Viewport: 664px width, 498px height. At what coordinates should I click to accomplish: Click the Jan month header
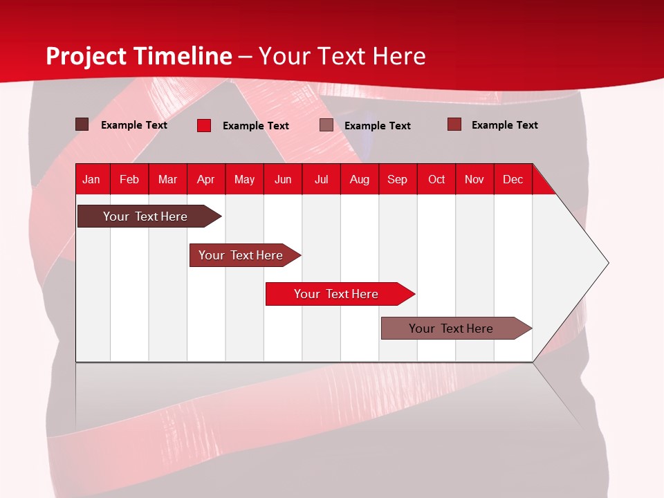(x=91, y=179)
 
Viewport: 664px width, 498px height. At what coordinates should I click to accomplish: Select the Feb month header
(x=129, y=179)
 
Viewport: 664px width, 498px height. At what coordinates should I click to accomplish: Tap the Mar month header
(x=167, y=179)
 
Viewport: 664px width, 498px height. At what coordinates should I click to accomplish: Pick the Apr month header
(x=206, y=179)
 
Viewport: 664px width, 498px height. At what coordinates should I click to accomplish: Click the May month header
(x=244, y=179)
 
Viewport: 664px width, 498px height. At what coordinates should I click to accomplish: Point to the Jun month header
(x=283, y=179)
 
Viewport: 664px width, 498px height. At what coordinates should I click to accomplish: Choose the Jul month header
(x=321, y=179)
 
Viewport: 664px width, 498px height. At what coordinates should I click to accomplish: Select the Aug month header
(x=360, y=179)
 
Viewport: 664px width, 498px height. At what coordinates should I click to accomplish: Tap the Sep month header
(x=398, y=179)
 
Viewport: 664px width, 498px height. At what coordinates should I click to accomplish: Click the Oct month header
(x=436, y=179)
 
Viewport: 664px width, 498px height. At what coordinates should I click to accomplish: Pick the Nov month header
(x=474, y=179)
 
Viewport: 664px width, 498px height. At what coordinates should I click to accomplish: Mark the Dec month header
(x=513, y=179)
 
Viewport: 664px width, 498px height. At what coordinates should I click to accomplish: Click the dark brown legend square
(x=82, y=124)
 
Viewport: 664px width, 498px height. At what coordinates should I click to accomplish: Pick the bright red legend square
(x=204, y=125)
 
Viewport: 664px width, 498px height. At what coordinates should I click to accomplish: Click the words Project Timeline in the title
(x=139, y=56)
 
